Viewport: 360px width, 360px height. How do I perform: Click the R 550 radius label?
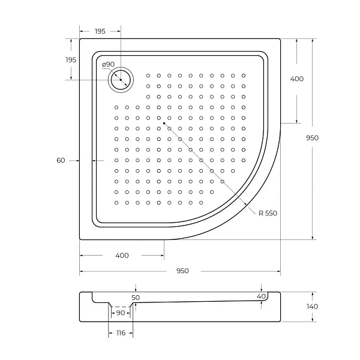pos(268,213)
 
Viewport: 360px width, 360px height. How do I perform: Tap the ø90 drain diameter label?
pos(108,65)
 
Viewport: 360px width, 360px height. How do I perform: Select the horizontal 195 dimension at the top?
pos(100,31)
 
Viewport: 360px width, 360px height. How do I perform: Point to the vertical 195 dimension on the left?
pos(71,60)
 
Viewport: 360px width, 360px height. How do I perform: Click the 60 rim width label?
pos(61,160)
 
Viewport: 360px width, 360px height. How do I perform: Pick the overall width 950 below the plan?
pos(182,271)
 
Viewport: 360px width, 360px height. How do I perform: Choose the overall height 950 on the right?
pos(312,138)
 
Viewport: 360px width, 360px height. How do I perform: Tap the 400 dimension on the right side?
pos(297,79)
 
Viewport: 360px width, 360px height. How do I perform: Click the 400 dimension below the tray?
pos(122,256)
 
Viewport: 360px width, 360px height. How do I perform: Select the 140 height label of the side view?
pos(312,307)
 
